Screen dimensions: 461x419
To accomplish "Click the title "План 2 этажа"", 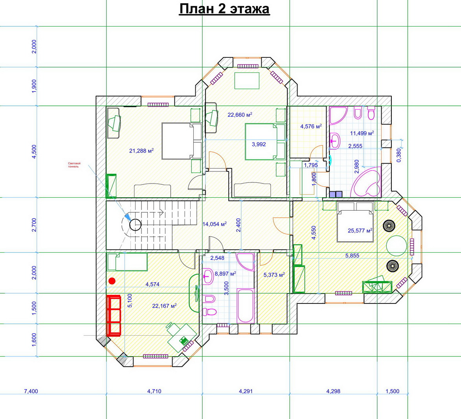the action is coord(224,9).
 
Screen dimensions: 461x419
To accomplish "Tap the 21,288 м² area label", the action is coord(141,151).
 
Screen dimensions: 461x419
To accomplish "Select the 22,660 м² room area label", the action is coord(240,115).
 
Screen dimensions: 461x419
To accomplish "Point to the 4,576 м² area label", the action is coord(311,127).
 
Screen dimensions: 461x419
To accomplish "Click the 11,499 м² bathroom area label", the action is coord(362,133).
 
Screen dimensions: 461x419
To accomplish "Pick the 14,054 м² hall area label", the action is coord(215,224).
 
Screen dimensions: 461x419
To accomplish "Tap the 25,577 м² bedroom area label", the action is coord(360,230).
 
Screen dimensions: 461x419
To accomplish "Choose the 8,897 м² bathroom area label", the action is coord(226,274).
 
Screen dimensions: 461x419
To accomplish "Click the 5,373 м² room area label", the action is coord(274,275).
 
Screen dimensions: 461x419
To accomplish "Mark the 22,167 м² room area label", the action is coord(164,306).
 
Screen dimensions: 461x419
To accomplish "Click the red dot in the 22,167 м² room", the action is coord(112,281).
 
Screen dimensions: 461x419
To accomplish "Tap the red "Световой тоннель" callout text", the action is coord(74,165).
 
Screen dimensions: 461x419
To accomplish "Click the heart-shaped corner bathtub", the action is coord(367,182).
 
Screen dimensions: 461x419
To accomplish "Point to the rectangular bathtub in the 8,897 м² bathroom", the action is coord(245,306).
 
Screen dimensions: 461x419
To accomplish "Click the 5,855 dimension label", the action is coord(352,255).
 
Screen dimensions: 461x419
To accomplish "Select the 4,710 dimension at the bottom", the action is coord(154,391).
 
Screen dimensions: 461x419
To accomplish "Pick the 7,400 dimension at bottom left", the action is coord(31,391).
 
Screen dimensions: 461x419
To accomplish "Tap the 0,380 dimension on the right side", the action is coord(399,155).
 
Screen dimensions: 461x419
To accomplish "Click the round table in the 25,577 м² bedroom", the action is coord(396,246).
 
